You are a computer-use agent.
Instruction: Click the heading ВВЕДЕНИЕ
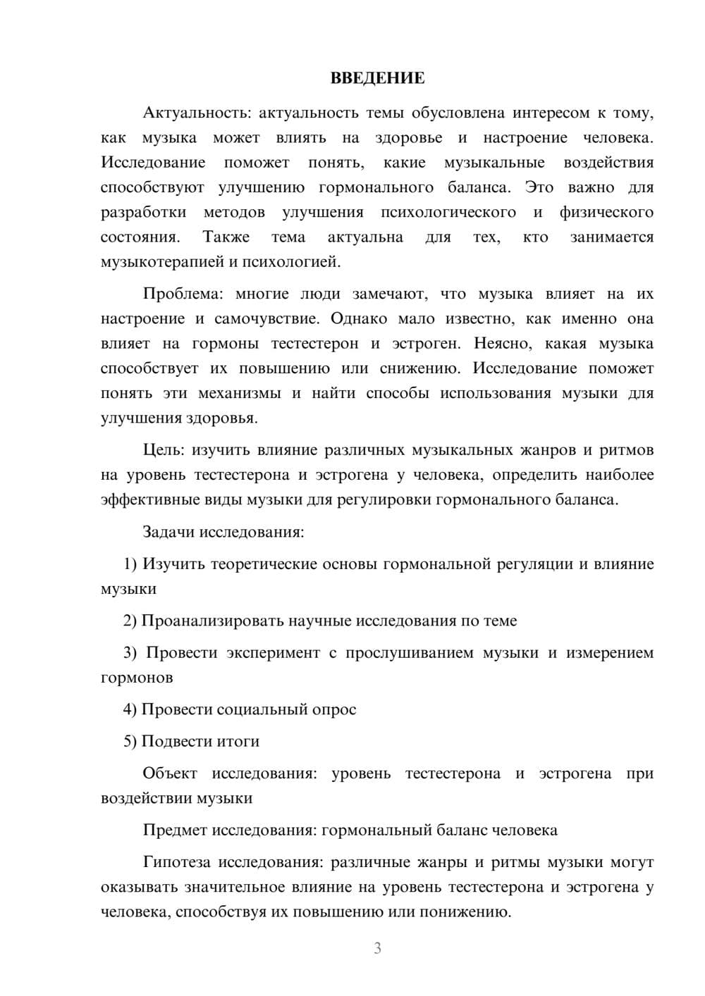[377, 78]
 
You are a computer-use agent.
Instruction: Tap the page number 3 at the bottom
[377, 948]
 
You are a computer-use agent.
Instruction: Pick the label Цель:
[164, 450]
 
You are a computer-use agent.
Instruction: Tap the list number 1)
[130, 564]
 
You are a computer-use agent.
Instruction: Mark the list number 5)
[130, 742]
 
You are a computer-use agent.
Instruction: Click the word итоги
[239, 742]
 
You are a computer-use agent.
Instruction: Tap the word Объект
[170, 773]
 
